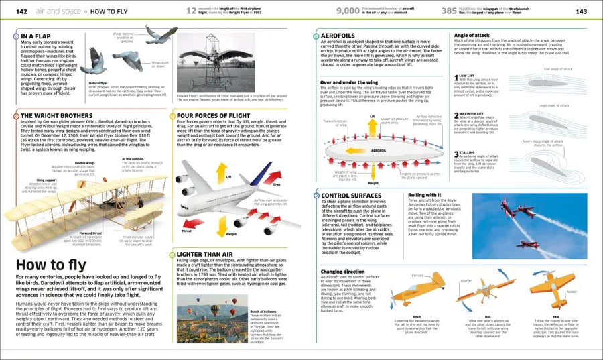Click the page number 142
pos(21,11)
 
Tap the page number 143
pos(581,11)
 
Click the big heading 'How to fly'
pos(41,265)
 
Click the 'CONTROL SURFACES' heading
pos(352,196)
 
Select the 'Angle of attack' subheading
pos(473,34)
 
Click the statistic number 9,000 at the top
pos(348,11)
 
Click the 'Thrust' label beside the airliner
pos(187,231)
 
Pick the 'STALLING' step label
pos(468,153)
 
